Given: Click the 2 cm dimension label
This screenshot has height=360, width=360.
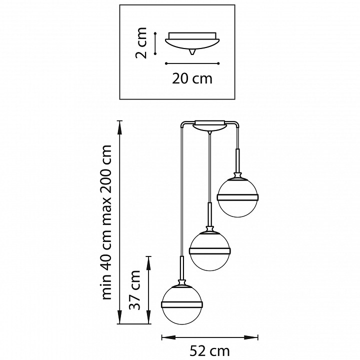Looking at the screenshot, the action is (141, 43).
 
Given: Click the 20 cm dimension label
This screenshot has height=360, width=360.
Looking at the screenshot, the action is (192, 79).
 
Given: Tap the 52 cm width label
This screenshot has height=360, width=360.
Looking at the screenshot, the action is (209, 351).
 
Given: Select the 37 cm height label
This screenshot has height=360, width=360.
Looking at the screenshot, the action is (134, 290).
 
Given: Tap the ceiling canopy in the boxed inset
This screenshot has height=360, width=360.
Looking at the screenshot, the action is (192, 43).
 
